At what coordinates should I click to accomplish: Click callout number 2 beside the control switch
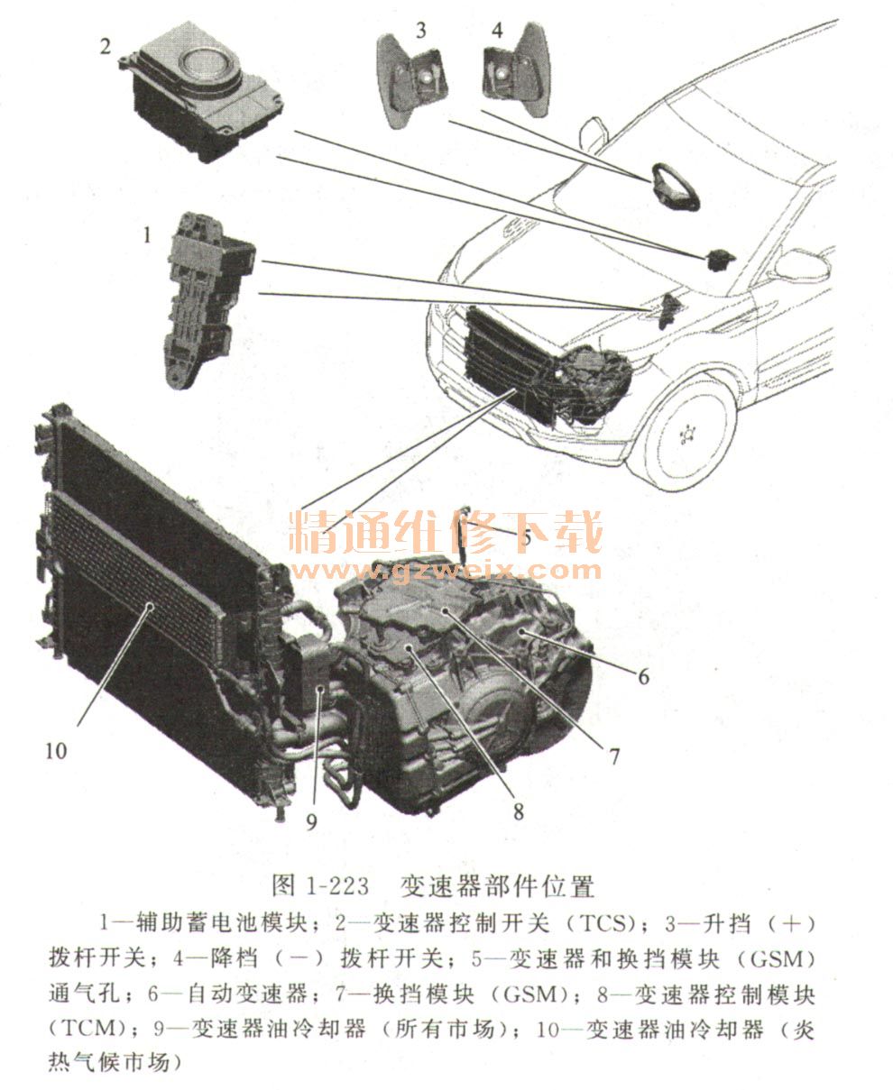tap(106, 47)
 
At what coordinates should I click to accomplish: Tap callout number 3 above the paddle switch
tap(421, 31)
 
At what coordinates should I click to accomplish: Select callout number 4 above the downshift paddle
tap(497, 31)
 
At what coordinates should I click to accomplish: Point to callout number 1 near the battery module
tap(147, 235)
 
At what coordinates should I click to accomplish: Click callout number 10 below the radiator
tap(56, 751)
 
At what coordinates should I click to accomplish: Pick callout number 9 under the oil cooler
tap(311, 820)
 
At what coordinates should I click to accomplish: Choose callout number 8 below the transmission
tap(519, 811)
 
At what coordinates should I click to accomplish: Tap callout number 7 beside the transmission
tap(614, 756)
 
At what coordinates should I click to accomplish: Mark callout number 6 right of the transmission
tap(644, 676)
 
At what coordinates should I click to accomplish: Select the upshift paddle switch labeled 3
tap(411, 80)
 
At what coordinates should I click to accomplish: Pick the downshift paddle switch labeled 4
tap(517, 69)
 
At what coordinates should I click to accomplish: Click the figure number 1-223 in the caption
tap(337, 886)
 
